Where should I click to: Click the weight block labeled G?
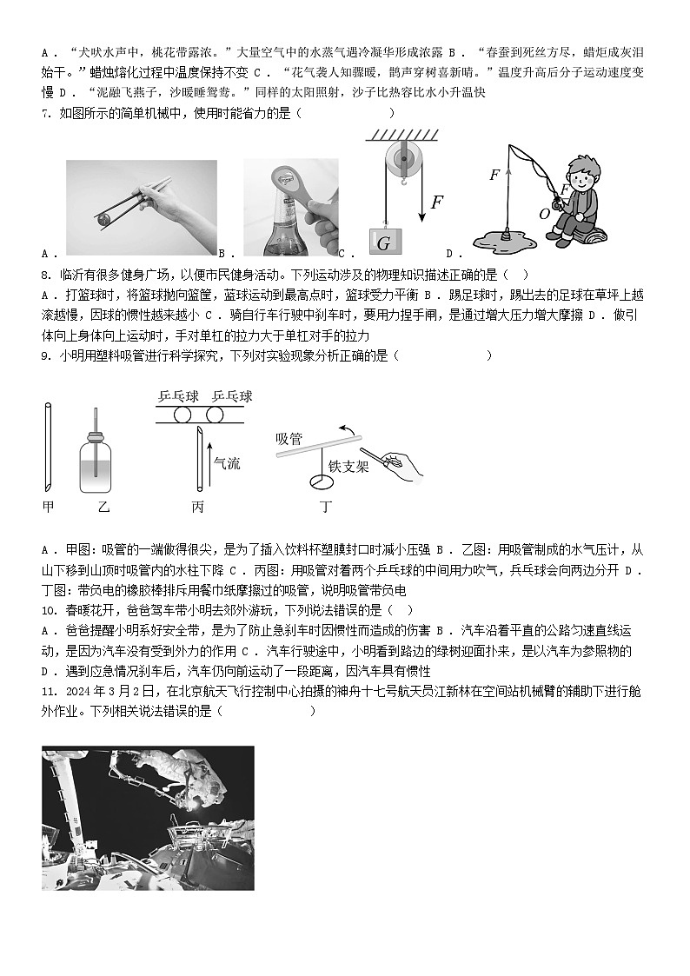pyautogui.click(x=383, y=242)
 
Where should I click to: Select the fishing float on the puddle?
pyautogui.click(x=504, y=232)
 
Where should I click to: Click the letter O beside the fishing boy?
pyautogui.click(x=545, y=213)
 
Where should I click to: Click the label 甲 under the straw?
pyautogui.click(x=48, y=505)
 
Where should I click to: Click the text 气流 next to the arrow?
pyautogui.click(x=227, y=464)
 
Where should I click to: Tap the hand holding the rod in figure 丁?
pyautogui.click(x=401, y=461)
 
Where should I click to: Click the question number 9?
pyautogui.click(x=48, y=355)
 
